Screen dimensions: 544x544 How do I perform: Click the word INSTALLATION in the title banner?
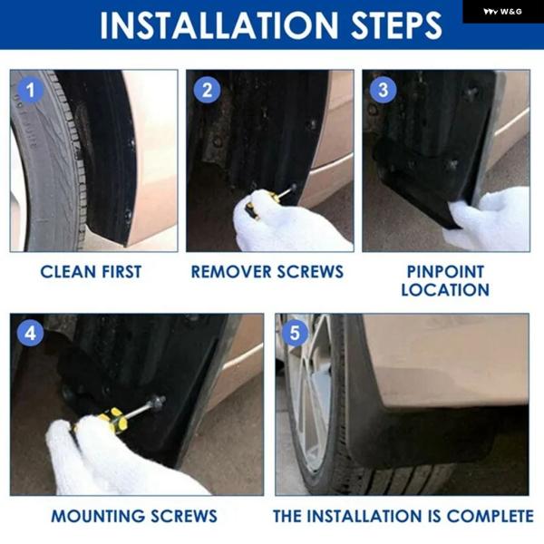tap(219, 25)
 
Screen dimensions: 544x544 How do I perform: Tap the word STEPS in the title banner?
tap(396, 25)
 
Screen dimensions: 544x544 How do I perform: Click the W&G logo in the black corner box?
tap(502, 12)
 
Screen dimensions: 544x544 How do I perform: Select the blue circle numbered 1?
tap(31, 90)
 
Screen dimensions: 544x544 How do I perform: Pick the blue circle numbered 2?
tap(207, 90)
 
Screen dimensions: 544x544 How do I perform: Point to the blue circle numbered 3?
tap(383, 90)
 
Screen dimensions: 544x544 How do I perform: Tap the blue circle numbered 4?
tap(31, 334)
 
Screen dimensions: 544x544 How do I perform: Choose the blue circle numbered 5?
tap(295, 334)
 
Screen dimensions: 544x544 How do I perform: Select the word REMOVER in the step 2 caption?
tap(231, 272)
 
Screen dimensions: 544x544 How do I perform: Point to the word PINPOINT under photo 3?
tap(445, 272)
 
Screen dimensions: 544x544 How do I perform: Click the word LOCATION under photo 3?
tap(445, 290)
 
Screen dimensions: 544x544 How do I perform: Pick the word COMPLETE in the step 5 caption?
tap(490, 516)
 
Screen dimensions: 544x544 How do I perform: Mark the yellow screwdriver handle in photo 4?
tap(111, 420)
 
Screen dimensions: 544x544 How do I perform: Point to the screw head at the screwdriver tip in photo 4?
tap(159, 403)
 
